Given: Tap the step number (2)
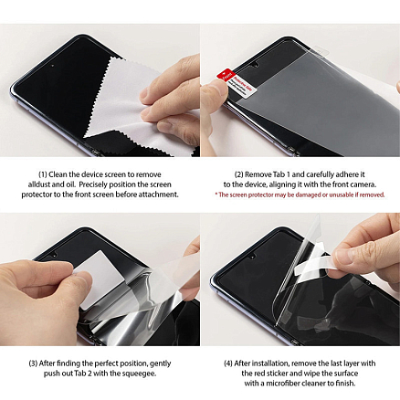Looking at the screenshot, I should coord(238,174).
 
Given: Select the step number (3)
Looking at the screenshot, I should coord(34,363).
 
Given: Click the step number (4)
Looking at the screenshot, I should coord(227,363).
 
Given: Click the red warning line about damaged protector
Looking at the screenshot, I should coord(300,195).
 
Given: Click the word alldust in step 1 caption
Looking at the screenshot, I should coord(39,184).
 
